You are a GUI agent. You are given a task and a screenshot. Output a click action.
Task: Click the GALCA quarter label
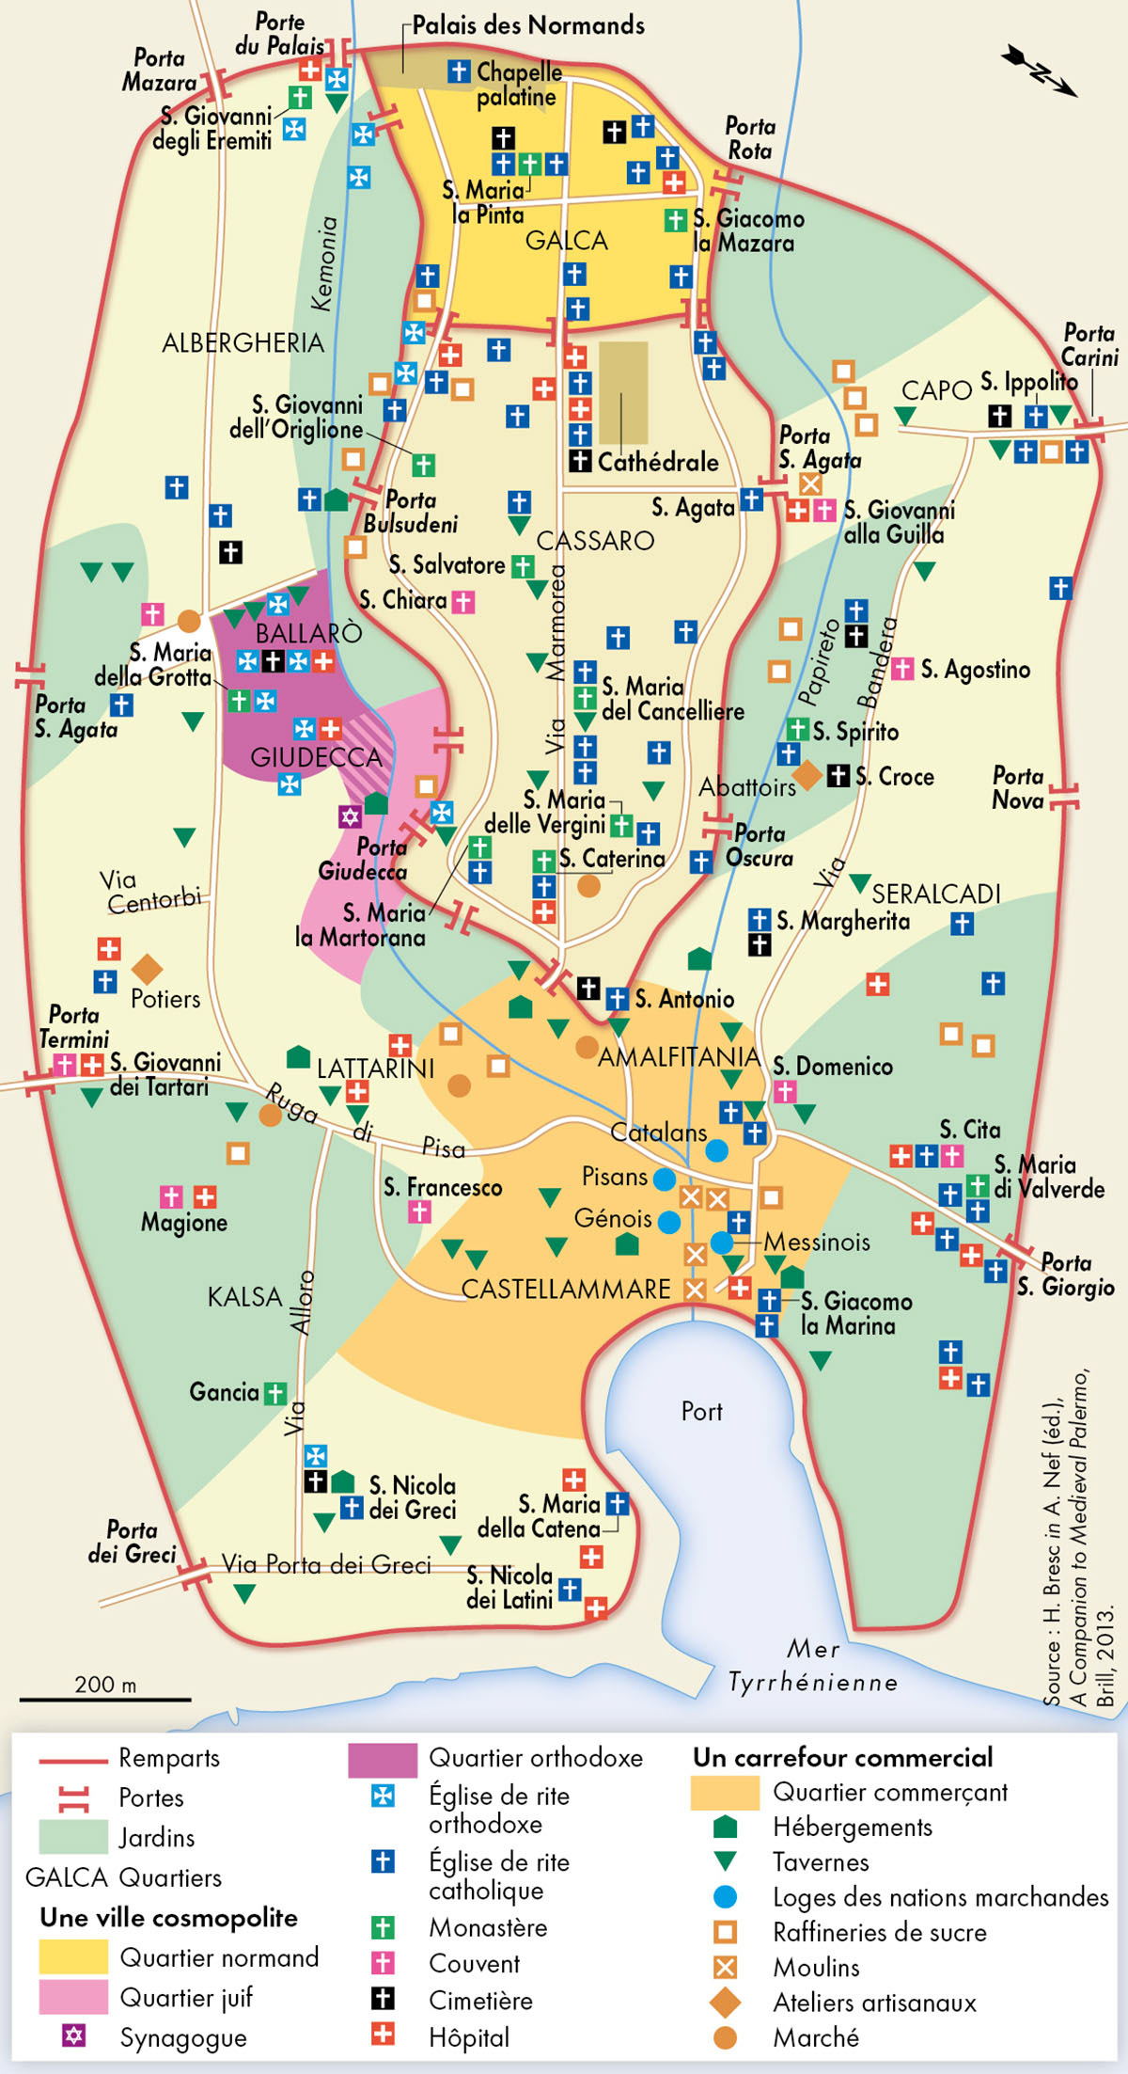coord(566,241)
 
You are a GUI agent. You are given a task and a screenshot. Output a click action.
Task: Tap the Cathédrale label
coord(657,462)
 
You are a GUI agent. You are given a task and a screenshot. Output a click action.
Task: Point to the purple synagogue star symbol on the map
coord(350,815)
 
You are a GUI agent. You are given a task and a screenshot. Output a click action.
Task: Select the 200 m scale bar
coord(105,1699)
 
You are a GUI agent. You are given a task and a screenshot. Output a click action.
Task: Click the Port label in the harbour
coord(701,1411)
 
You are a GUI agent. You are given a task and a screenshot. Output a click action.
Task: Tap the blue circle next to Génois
coord(669,1222)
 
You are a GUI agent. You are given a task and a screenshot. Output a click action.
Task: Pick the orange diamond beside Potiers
coord(147,969)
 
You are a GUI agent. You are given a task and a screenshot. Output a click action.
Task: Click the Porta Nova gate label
coord(1018,788)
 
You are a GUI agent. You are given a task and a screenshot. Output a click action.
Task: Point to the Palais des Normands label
coord(528,25)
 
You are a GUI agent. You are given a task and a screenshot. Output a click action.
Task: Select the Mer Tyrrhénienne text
coord(813,1666)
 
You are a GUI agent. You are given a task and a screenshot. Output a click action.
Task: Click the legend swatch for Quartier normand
coord(73,1956)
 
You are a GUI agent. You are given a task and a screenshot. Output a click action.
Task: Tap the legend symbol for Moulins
coord(725,1967)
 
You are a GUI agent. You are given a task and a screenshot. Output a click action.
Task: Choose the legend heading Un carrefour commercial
coord(842,1757)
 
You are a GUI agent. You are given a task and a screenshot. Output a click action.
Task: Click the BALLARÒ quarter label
coord(308,632)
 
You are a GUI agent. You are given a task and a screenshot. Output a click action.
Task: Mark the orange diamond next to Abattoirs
coord(807,776)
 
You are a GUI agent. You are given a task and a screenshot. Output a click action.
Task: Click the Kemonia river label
coord(323,264)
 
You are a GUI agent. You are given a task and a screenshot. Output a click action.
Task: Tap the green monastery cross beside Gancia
coord(274,1393)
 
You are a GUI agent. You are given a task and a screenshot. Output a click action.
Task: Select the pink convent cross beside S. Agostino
coord(901,669)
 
